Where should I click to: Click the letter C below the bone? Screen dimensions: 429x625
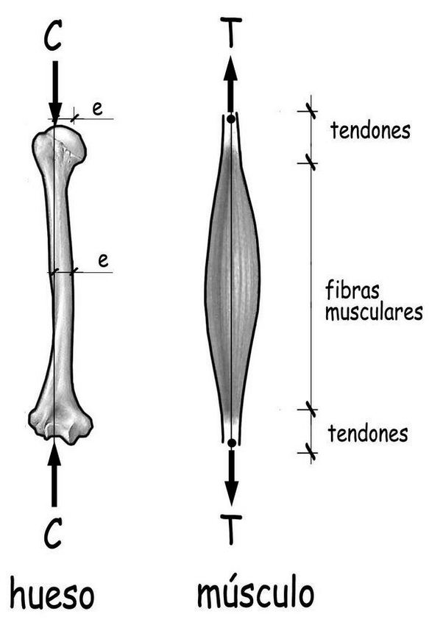tap(53, 534)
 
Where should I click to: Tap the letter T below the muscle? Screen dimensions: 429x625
tap(231, 529)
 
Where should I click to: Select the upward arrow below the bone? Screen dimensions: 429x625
tap(54, 474)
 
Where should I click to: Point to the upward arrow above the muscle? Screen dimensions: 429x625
tap(230, 84)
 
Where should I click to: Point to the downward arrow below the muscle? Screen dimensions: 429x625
tap(231, 477)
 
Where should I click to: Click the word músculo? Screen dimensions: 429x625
tap(255, 593)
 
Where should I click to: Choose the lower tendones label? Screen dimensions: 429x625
tap(368, 432)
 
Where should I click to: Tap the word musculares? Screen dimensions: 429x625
tap(374, 311)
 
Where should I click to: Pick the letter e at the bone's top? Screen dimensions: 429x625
tap(97, 108)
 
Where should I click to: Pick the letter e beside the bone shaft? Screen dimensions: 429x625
tap(103, 260)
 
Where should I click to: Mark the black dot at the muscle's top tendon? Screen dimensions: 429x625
tap(230, 119)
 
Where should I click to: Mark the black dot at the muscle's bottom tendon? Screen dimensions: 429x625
tap(231, 443)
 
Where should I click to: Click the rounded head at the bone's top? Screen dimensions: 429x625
tap(60, 145)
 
